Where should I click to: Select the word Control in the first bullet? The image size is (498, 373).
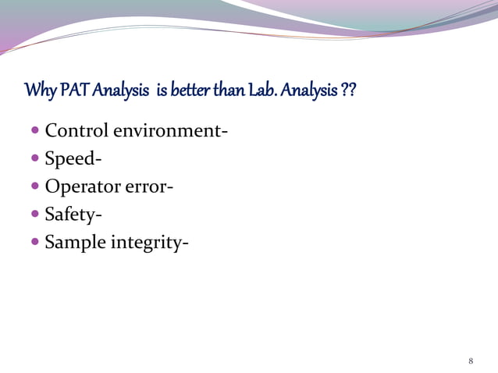(x=76, y=130)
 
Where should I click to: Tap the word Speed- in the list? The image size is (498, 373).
(x=73, y=158)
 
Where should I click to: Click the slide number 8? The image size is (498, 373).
(x=471, y=361)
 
